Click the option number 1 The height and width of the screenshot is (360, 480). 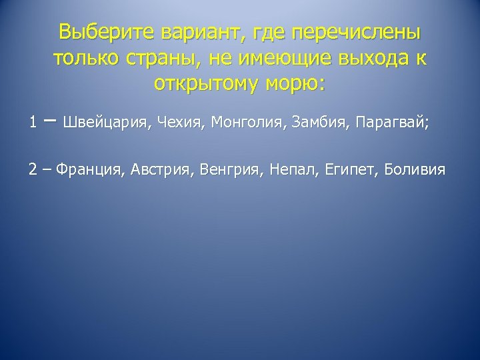[x=33, y=122]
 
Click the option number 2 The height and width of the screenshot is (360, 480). [x=33, y=169]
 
